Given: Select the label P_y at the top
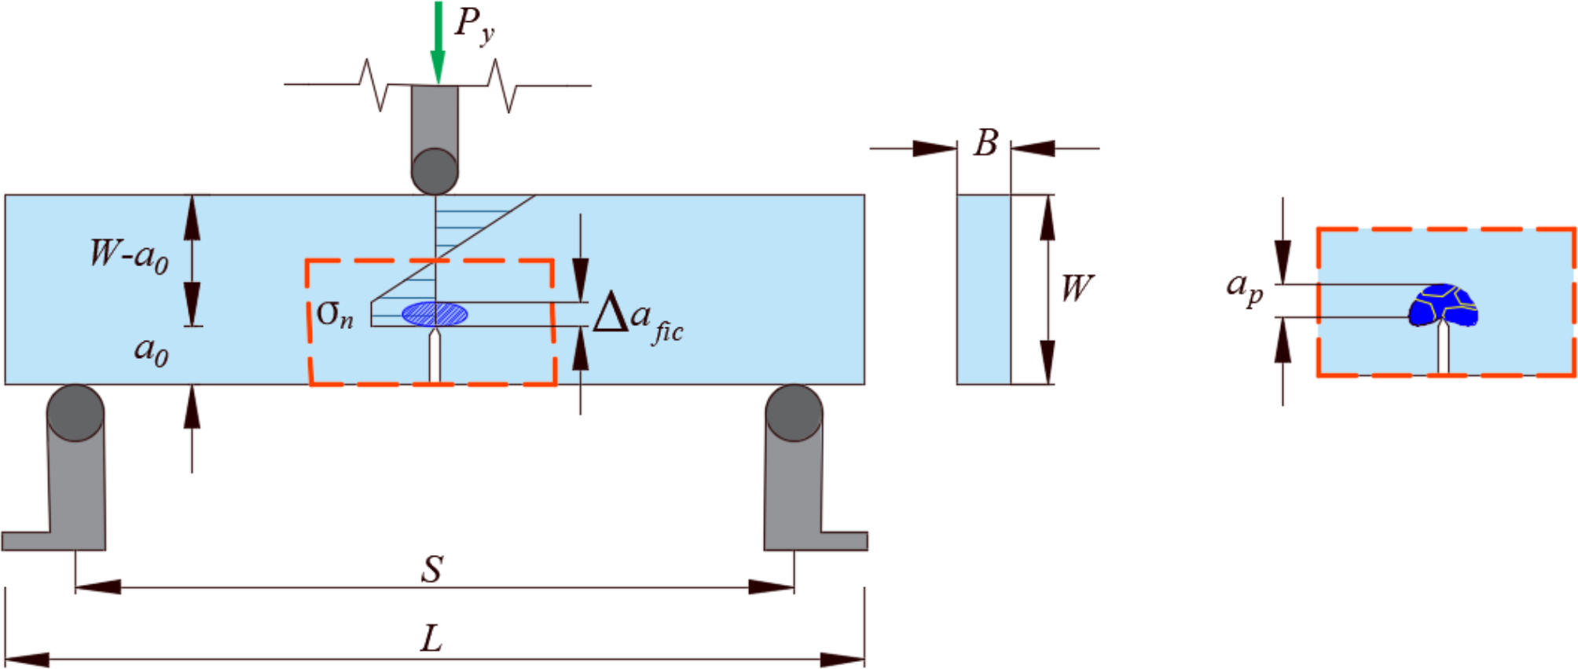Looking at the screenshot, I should [474, 25].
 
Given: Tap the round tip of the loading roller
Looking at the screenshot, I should [435, 172].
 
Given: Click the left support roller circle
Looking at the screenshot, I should [75, 413].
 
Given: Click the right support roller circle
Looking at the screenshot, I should [794, 413].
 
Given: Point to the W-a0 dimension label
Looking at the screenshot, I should [129, 255].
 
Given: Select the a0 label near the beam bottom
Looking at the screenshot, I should [151, 349].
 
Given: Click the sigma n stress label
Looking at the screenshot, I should [335, 315].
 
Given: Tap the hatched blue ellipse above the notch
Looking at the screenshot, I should [435, 315].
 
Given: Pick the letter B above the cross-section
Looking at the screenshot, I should [985, 144].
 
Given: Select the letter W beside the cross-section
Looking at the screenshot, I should [1076, 288].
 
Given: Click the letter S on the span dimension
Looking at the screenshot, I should [432, 569].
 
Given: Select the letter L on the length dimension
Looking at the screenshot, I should [431, 638].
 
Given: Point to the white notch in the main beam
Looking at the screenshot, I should [434, 357].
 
